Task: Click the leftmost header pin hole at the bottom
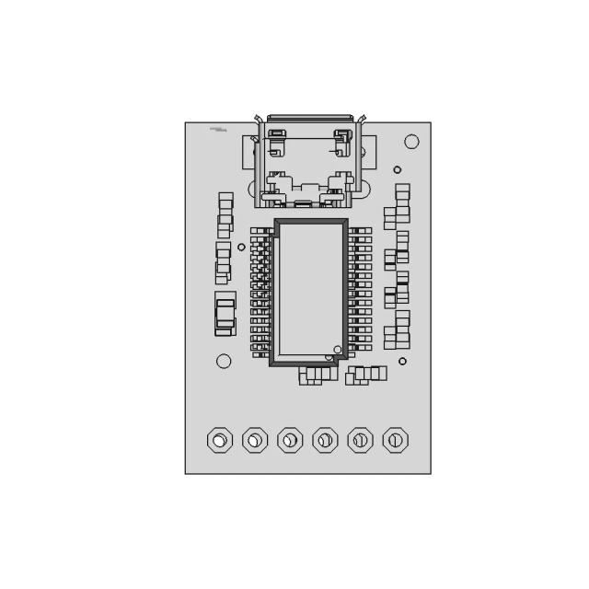[219, 440]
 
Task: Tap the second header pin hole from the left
[255, 440]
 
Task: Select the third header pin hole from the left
[290, 440]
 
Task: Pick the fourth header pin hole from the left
[325, 440]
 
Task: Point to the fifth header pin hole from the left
[360, 440]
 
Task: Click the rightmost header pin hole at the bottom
[396, 440]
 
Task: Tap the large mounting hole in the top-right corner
[411, 141]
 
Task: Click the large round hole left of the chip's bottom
[224, 361]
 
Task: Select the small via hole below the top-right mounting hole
[398, 169]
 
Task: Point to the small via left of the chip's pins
[241, 247]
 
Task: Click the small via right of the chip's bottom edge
[402, 361]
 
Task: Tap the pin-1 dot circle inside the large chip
[338, 350]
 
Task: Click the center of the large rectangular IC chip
[310, 292]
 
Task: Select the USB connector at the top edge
[308, 161]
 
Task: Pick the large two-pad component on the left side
[225, 314]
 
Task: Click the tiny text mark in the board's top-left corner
[218, 130]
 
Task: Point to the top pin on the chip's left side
[260, 231]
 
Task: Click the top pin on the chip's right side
[362, 231]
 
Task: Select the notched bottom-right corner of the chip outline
[343, 360]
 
